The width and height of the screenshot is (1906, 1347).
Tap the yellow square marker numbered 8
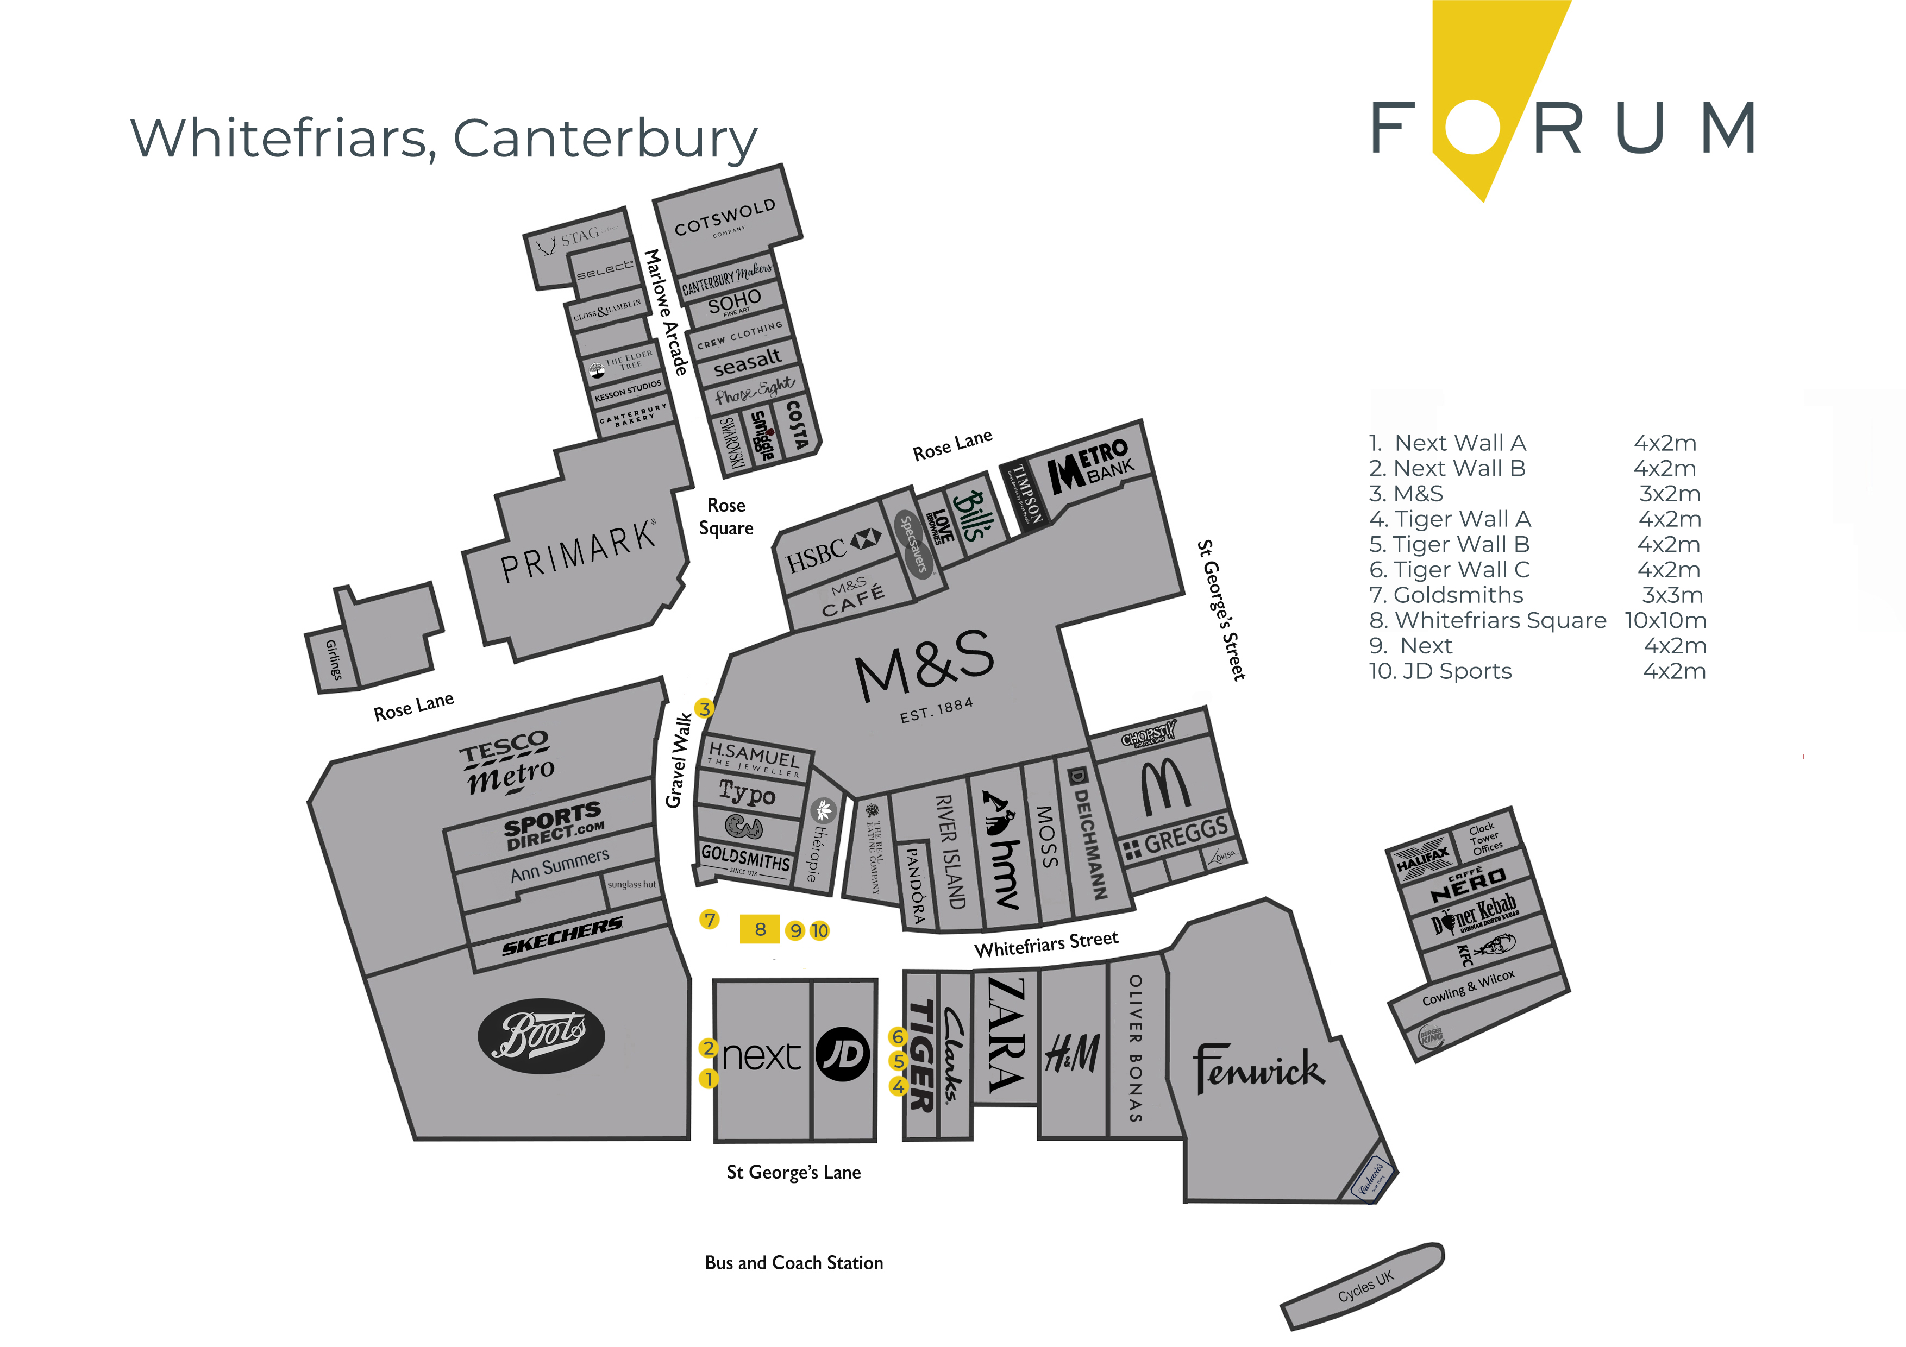point(760,929)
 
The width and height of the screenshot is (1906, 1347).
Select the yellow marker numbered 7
point(709,920)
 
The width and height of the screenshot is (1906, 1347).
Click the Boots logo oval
point(541,1036)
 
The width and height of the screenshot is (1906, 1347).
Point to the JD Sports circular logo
point(843,1054)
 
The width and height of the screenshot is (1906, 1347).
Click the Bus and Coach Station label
point(794,1262)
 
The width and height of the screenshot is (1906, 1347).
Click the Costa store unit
point(795,424)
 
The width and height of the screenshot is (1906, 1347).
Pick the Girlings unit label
point(333,660)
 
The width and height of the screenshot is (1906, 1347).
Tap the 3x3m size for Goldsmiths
point(1672,595)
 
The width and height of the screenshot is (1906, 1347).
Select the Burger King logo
point(1431,1037)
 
